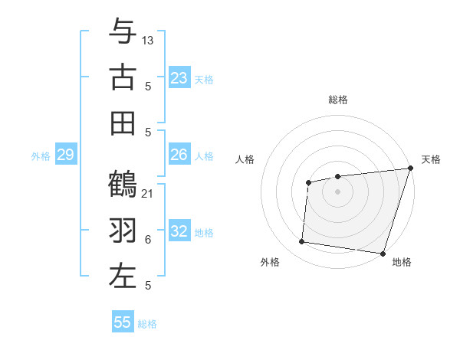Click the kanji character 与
[x=123, y=32]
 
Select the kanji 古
[x=123, y=78]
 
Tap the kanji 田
[x=123, y=123]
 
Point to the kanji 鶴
[x=123, y=185]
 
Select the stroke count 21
[x=148, y=193]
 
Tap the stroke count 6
[x=148, y=240]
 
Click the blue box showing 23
[x=179, y=78]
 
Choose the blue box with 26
[x=179, y=155]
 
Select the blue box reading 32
[x=179, y=232]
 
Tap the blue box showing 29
[x=65, y=155]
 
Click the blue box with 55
[x=123, y=322]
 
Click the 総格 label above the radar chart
[x=337, y=100]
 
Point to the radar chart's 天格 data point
[x=409, y=169]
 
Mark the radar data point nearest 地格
[x=383, y=253]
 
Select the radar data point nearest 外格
[x=302, y=242]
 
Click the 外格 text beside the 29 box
[x=41, y=156]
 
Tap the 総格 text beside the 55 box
[x=147, y=323]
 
